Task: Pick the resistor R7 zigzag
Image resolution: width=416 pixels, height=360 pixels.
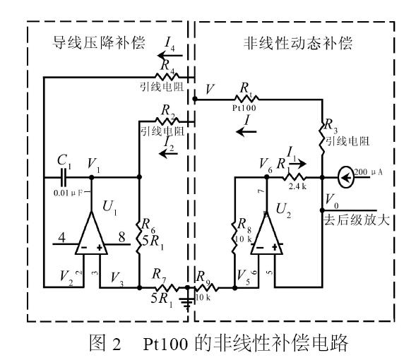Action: click(161, 288)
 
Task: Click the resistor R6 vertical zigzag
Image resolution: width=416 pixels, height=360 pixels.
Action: click(138, 239)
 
